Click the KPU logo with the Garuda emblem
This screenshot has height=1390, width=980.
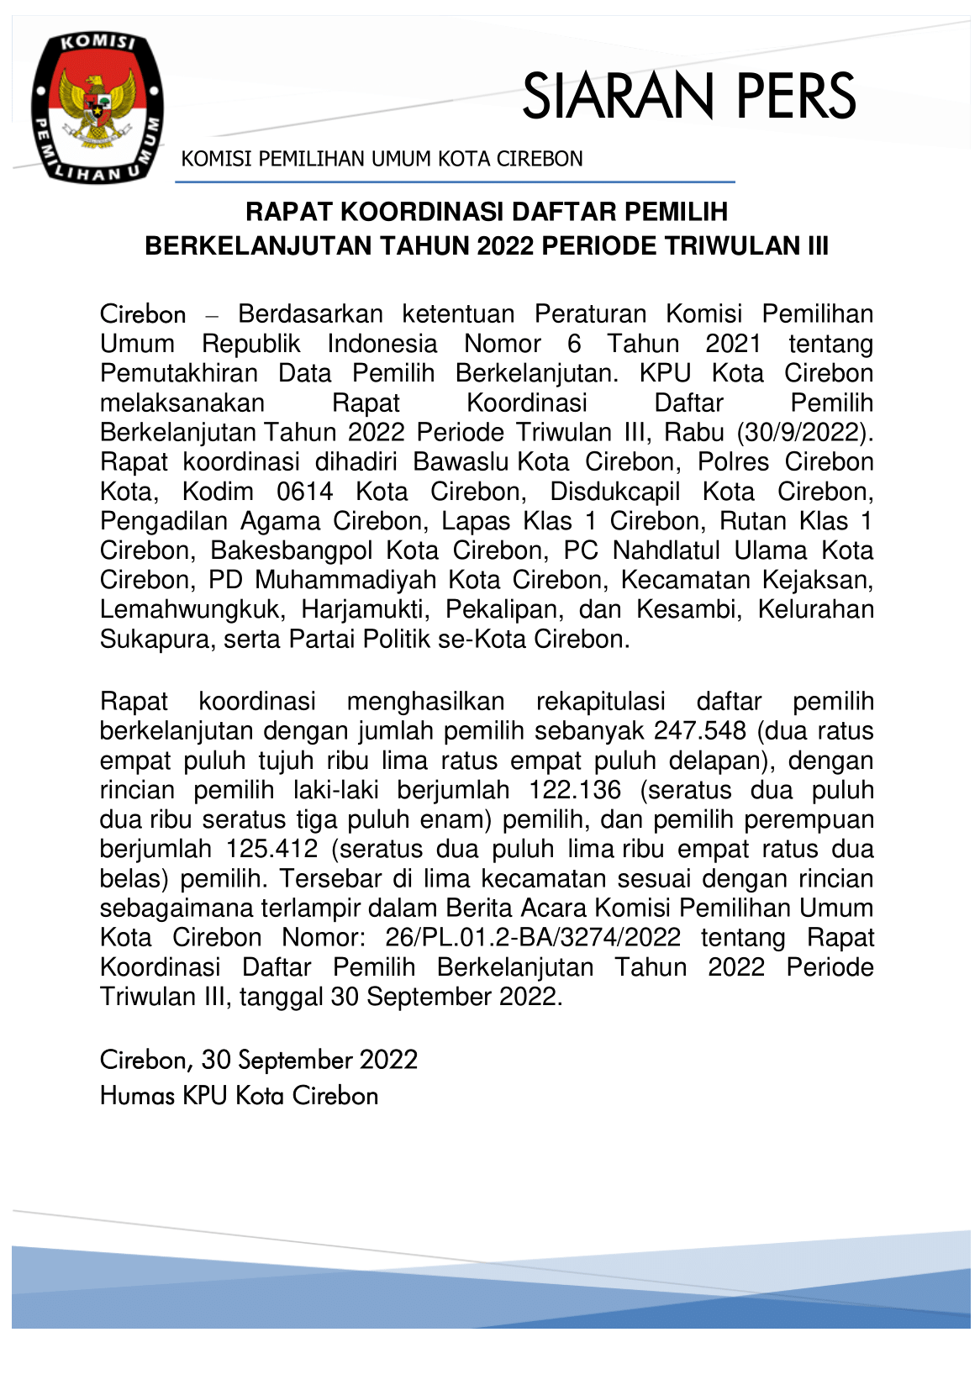[x=97, y=108]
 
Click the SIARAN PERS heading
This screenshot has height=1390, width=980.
[x=688, y=96]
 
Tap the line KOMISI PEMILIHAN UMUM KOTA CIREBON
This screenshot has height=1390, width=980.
[x=382, y=159]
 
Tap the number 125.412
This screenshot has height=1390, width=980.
[x=271, y=849]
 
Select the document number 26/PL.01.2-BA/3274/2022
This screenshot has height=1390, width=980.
[x=533, y=937]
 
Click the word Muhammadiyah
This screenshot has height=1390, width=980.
[x=345, y=580]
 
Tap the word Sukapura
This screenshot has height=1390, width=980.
[x=155, y=639]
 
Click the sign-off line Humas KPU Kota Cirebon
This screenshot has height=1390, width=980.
[x=239, y=1096]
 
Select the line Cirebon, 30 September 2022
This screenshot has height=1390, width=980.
[x=258, y=1060]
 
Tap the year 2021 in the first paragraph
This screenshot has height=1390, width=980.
[x=733, y=344]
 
